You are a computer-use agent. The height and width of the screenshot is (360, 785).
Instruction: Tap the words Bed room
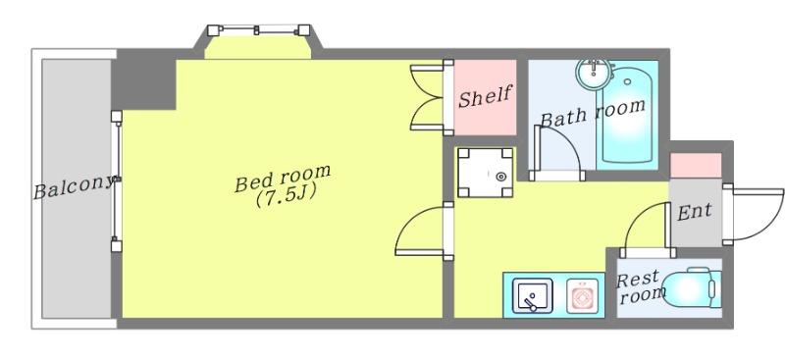pos(283,178)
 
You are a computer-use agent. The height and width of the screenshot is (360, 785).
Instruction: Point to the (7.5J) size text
pos(286,196)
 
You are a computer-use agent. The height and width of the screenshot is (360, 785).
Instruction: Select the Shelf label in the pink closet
pos(485,96)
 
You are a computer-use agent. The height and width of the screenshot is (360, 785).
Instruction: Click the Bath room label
pos(593,113)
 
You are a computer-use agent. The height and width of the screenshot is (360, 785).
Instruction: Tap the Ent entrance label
pos(695,212)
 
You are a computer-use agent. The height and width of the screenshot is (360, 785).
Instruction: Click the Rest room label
pos(638,287)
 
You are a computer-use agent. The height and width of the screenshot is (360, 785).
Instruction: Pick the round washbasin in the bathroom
pos(594,74)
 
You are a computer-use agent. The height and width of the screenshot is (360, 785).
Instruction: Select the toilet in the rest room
pos(692,289)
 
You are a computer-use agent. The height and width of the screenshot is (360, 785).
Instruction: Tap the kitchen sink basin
pos(533,296)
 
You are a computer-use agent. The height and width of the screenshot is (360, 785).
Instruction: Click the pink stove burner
pos(582,296)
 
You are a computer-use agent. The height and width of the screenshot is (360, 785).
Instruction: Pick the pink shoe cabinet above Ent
pos(696,165)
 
